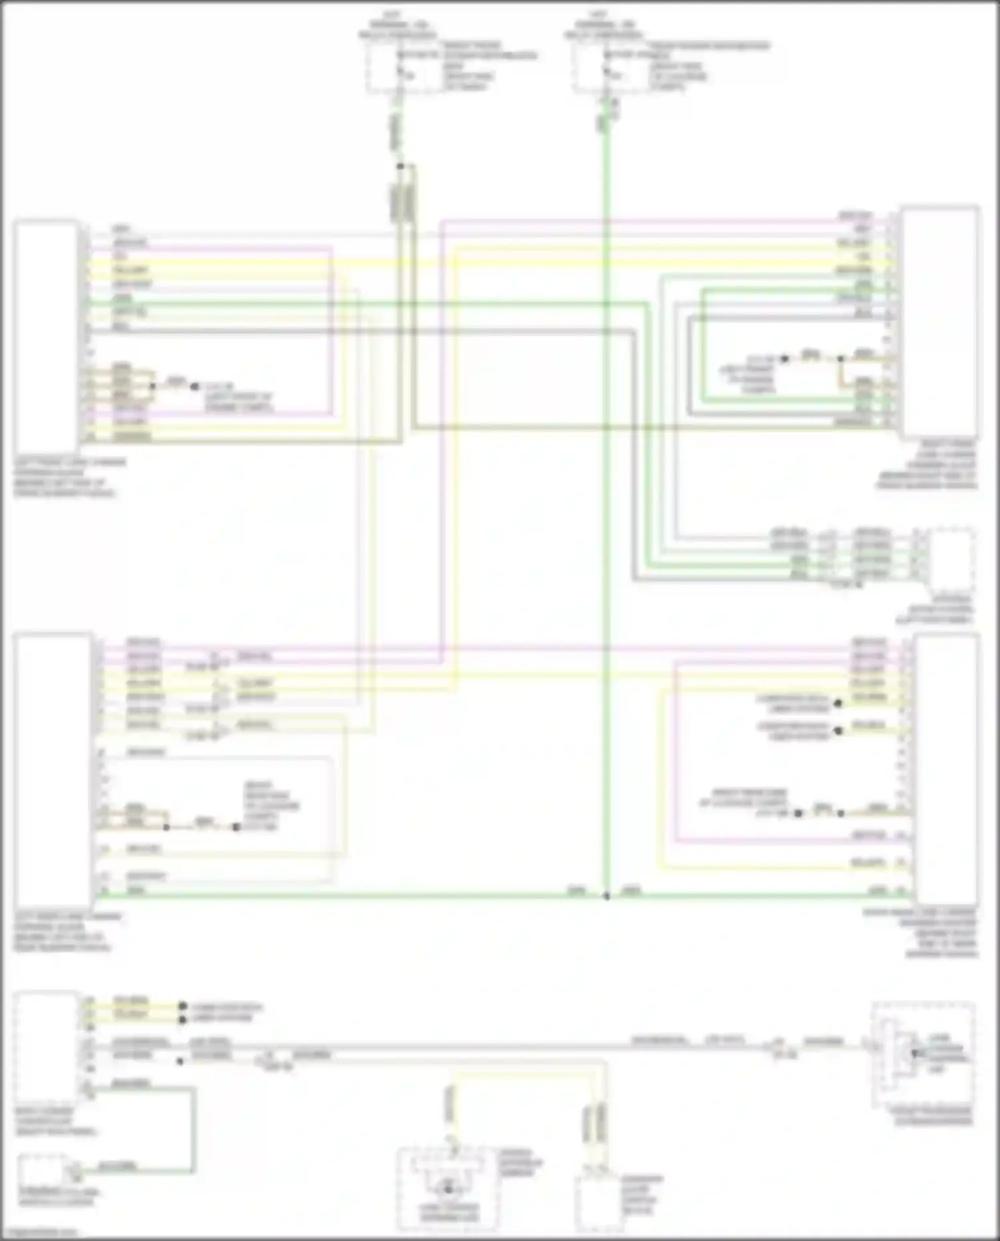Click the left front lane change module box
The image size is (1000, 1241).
(45, 337)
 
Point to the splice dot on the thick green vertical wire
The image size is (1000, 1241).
(606, 896)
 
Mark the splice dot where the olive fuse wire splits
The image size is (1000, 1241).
(400, 166)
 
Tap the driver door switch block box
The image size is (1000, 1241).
(598, 1204)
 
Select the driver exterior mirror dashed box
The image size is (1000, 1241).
(448, 1188)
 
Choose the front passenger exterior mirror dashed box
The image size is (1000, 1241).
(923, 1054)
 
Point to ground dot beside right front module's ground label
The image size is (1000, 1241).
(785, 359)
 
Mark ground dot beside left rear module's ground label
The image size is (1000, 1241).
(236, 827)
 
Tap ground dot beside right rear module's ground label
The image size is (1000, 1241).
(799, 813)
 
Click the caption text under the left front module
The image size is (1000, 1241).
(67, 477)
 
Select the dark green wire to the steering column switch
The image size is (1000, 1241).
(193, 1127)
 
